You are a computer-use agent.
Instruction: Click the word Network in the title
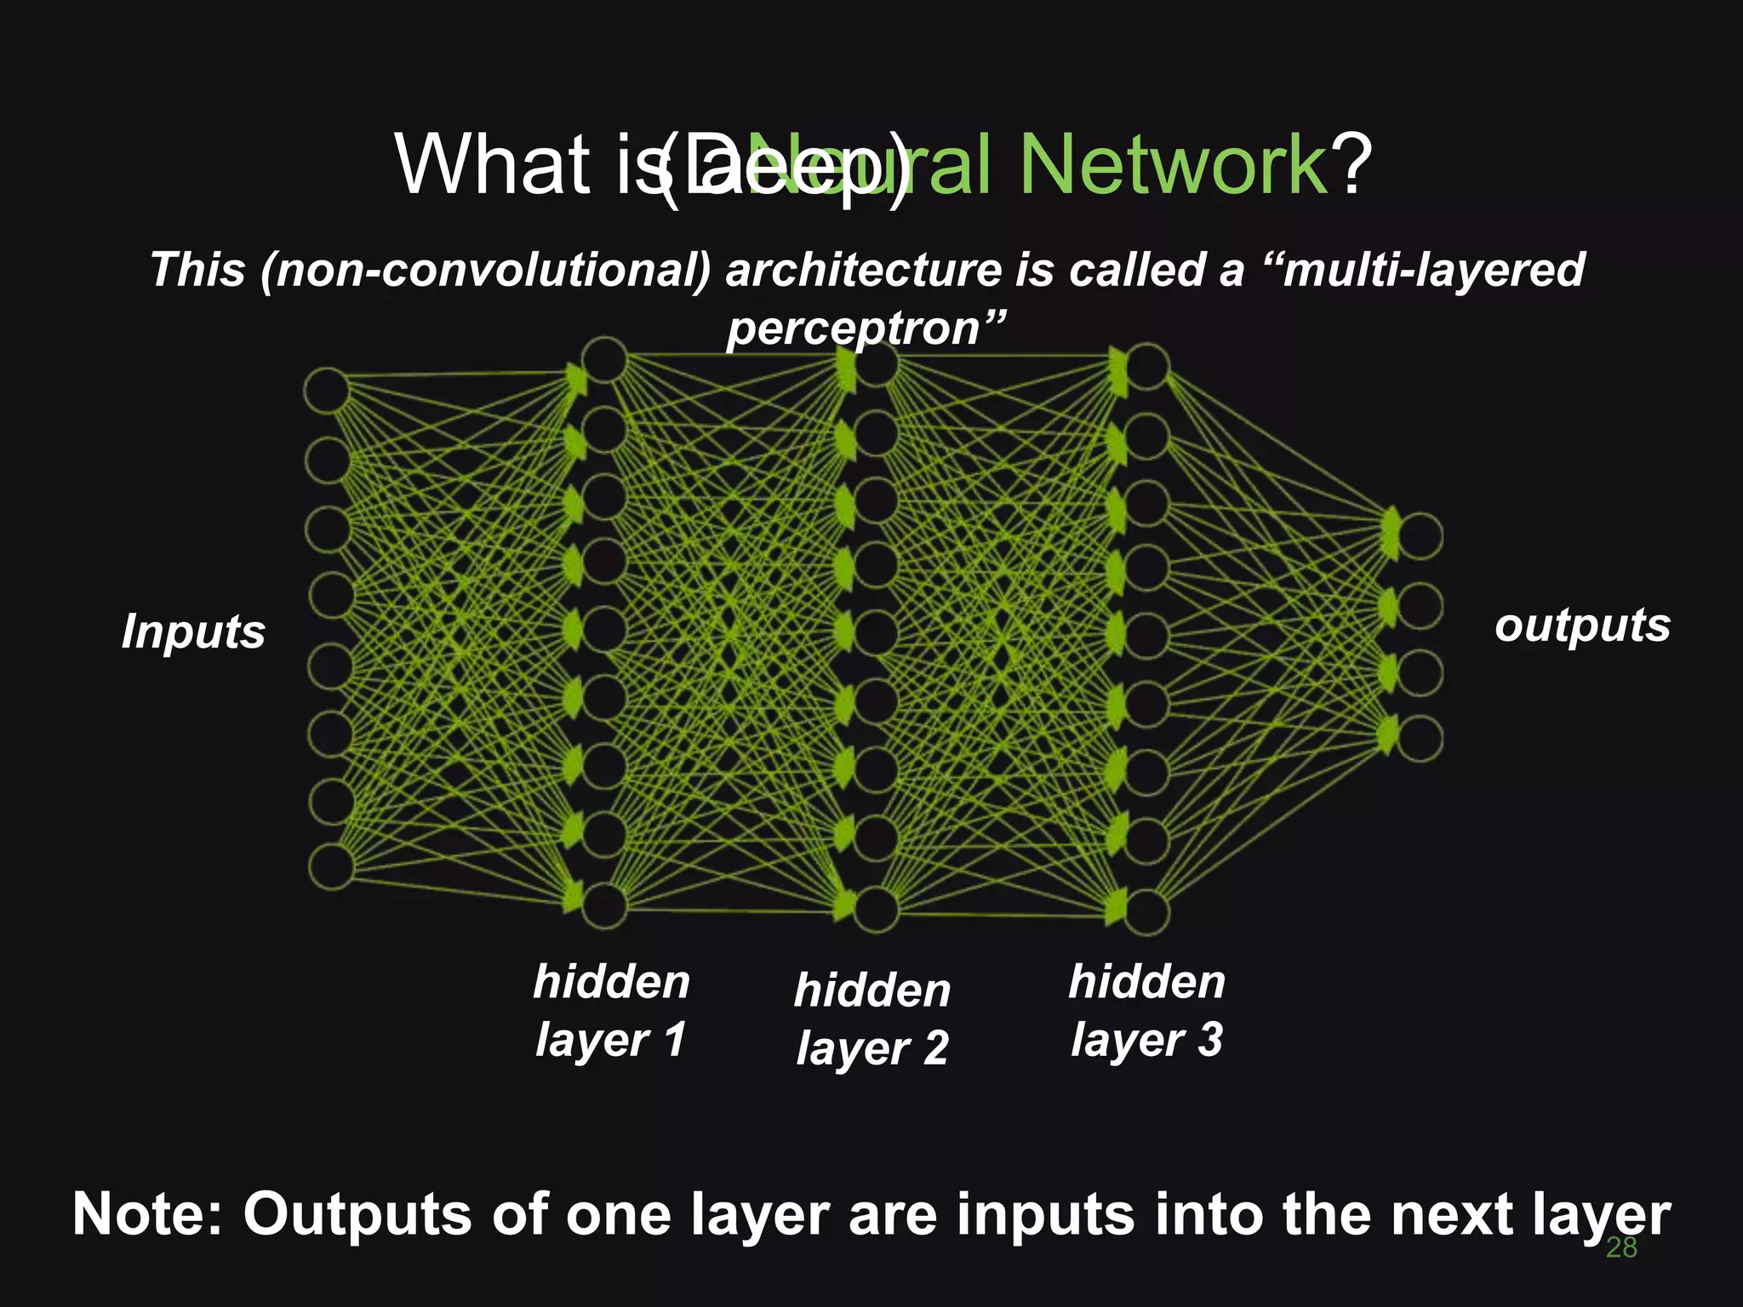coord(1173,163)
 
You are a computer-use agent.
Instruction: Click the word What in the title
coord(493,163)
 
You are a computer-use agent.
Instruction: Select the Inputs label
coord(193,632)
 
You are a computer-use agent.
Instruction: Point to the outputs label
coord(1582,625)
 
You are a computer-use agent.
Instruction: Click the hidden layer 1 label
coord(611,1010)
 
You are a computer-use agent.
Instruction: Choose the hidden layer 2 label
coord(872,1019)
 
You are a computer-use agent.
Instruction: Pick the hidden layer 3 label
coord(1146,1010)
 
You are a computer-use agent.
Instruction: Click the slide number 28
coord(1620,1247)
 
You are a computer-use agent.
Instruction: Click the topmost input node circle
coord(328,391)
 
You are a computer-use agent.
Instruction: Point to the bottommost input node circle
coord(331,867)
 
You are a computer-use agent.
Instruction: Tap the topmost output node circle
coord(1420,536)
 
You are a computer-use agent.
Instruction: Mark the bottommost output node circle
coord(1420,738)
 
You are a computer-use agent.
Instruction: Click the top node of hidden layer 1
coord(604,360)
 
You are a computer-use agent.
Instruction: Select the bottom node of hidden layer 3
coord(1146,911)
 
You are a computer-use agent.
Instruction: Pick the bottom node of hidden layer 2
coord(876,909)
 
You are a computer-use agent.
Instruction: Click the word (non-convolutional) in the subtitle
coord(485,270)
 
